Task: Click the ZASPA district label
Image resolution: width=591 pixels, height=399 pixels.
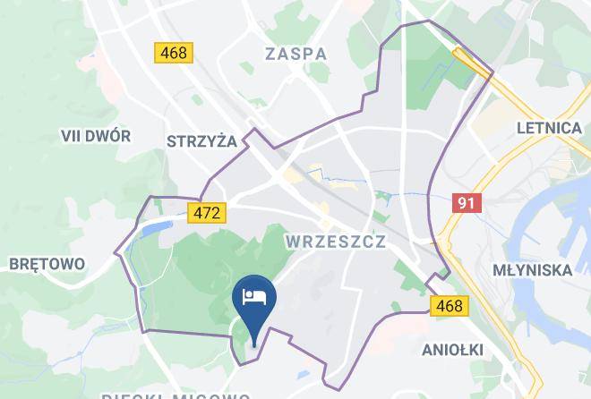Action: (295, 54)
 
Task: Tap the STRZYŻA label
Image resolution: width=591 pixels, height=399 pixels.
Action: (201, 140)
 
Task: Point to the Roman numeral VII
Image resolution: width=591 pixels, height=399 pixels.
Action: (72, 136)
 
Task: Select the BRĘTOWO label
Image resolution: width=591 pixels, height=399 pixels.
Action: (46, 264)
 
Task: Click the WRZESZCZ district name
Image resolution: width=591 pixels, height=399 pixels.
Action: (335, 242)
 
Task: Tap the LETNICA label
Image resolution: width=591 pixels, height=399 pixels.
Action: (549, 128)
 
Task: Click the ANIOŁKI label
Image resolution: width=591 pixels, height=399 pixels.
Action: (451, 348)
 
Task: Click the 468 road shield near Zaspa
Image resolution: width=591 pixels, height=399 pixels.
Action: (174, 52)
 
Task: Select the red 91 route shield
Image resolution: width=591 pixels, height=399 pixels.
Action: (465, 203)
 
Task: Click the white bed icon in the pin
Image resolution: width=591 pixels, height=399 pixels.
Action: (254, 296)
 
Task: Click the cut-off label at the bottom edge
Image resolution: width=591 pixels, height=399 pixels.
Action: (175, 395)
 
